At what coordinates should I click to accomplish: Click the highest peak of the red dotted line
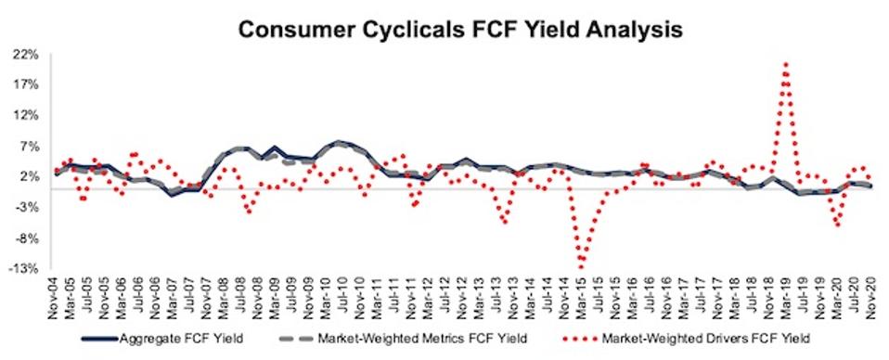[786, 64]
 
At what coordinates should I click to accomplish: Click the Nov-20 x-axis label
[871, 295]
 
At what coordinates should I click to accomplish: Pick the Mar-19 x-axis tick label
[786, 295]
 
